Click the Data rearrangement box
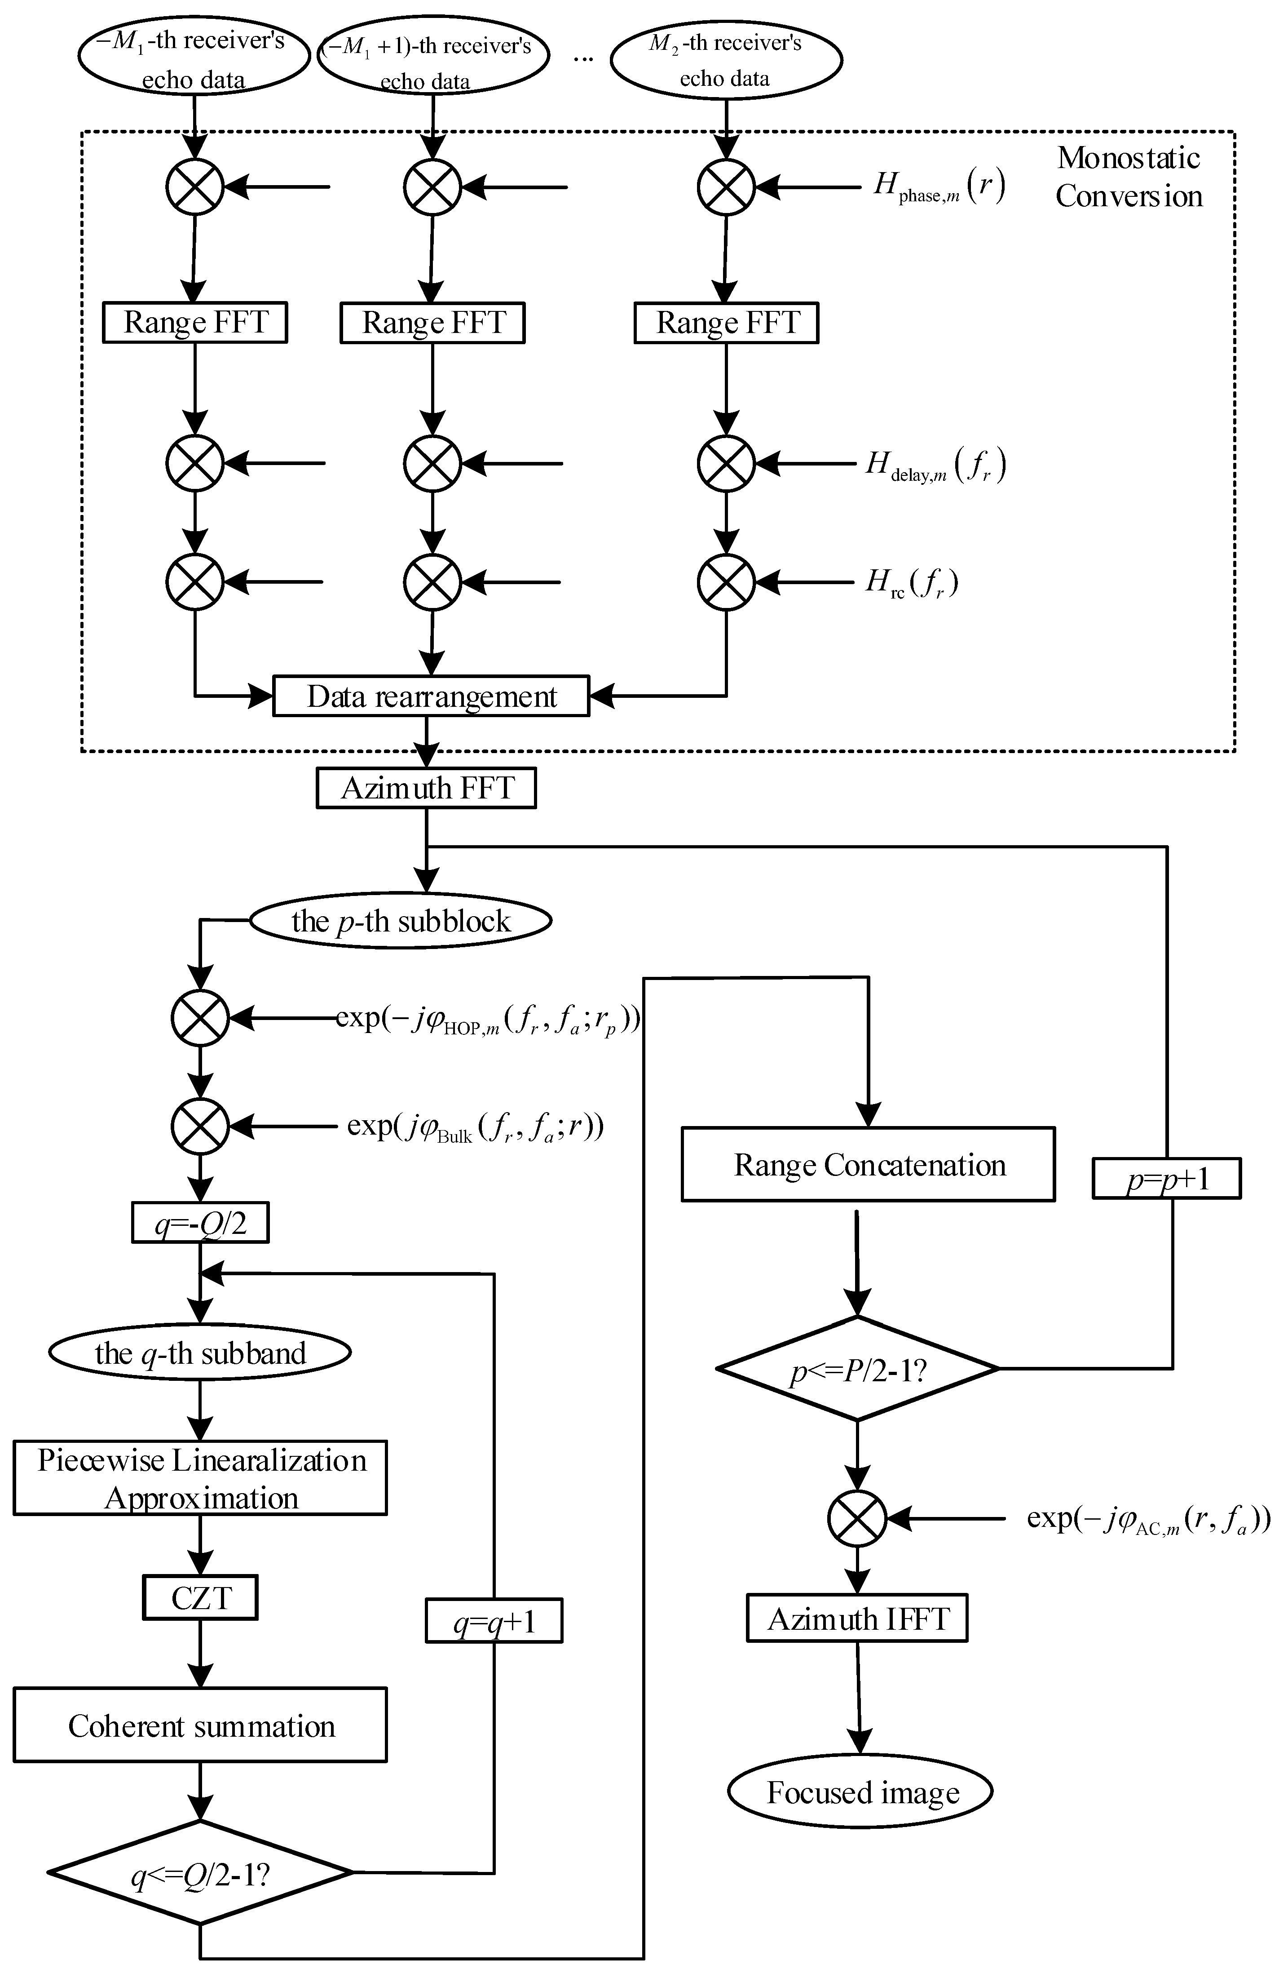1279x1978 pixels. pyautogui.click(x=431, y=696)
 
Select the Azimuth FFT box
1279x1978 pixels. pyautogui.click(x=426, y=788)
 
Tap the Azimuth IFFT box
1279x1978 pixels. pyautogui.click(x=857, y=1618)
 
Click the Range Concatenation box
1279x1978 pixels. pyautogui.click(x=868, y=1165)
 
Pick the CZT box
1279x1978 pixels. pyautogui.click(x=200, y=1597)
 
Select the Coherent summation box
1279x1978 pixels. pyautogui.click(x=200, y=1726)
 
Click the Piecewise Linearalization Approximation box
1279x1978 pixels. pyautogui.click(x=200, y=1479)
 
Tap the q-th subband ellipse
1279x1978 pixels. pyautogui.click(x=200, y=1353)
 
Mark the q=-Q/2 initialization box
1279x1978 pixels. pyautogui.click(x=200, y=1224)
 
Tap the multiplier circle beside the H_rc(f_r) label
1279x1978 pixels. pyautogui.click(x=726, y=581)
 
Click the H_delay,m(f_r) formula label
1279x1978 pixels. pyautogui.click(x=936, y=464)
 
